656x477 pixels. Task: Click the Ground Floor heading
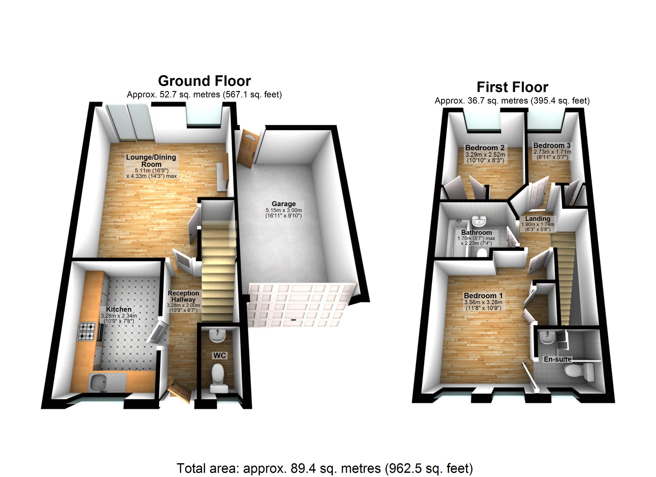pos(204,81)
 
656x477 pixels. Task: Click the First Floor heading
pos(512,87)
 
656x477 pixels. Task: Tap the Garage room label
pos(283,204)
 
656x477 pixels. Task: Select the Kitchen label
pos(119,309)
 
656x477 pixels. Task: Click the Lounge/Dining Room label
pos(151,160)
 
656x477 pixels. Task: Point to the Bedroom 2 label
pos(485,148)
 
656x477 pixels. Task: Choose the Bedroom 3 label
pos(552,146)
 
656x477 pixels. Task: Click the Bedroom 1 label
pos(483,296)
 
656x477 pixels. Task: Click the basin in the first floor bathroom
pos(479,221)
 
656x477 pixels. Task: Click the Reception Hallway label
pos(183,296)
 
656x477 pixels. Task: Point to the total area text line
pos(324,468)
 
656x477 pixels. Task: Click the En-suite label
pos(557,359)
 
